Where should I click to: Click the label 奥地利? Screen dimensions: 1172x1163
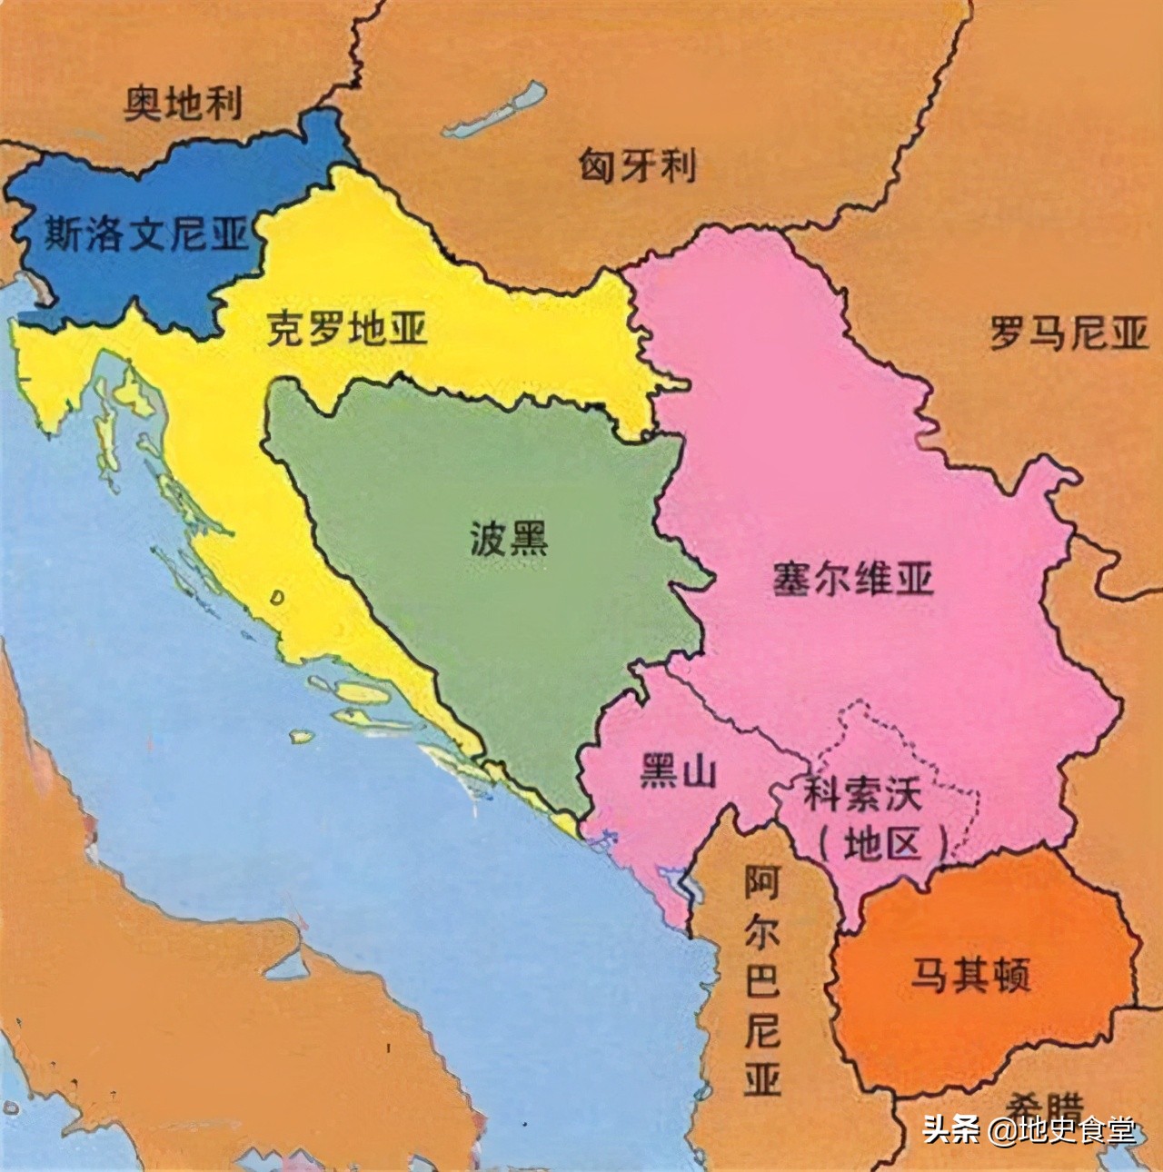[x=184, y=104]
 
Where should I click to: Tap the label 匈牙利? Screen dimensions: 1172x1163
[x=637, y=166]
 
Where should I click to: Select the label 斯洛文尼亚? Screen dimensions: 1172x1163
[x=145, y=234]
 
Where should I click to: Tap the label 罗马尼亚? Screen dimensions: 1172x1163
[x=1069, y=333]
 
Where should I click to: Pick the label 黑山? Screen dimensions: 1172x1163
[x=678, y=773]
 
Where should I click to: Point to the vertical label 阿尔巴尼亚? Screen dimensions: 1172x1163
[x=761, y=981]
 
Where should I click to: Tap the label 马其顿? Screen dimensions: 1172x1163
[x=970, y=978]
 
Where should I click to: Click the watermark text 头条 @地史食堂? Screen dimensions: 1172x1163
[x=1029, y=1131]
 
